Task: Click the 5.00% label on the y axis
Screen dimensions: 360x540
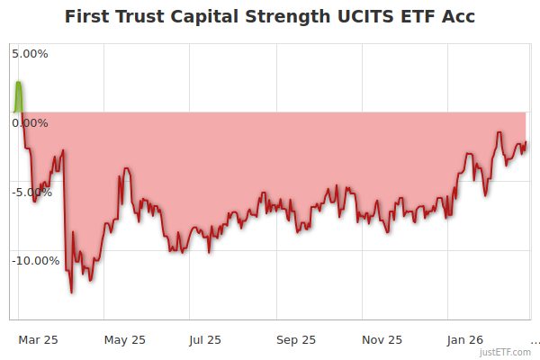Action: [x=31, y=54]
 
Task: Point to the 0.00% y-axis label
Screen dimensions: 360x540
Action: [x=31, y=122]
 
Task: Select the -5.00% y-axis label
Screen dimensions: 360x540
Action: [x=33, y=192]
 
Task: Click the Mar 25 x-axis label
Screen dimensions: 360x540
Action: [x=39, y=340]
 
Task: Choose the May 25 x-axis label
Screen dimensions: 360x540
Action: [x=125, y=340]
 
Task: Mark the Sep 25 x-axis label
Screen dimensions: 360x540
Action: [x=296, y=340]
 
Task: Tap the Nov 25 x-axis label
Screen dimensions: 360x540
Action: [x=382, y=340]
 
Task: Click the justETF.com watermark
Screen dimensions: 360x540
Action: [x=506, y=352]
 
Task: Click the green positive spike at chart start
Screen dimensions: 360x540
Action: [x=18, y=94]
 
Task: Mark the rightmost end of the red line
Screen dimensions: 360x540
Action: [x=526, y=142]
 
